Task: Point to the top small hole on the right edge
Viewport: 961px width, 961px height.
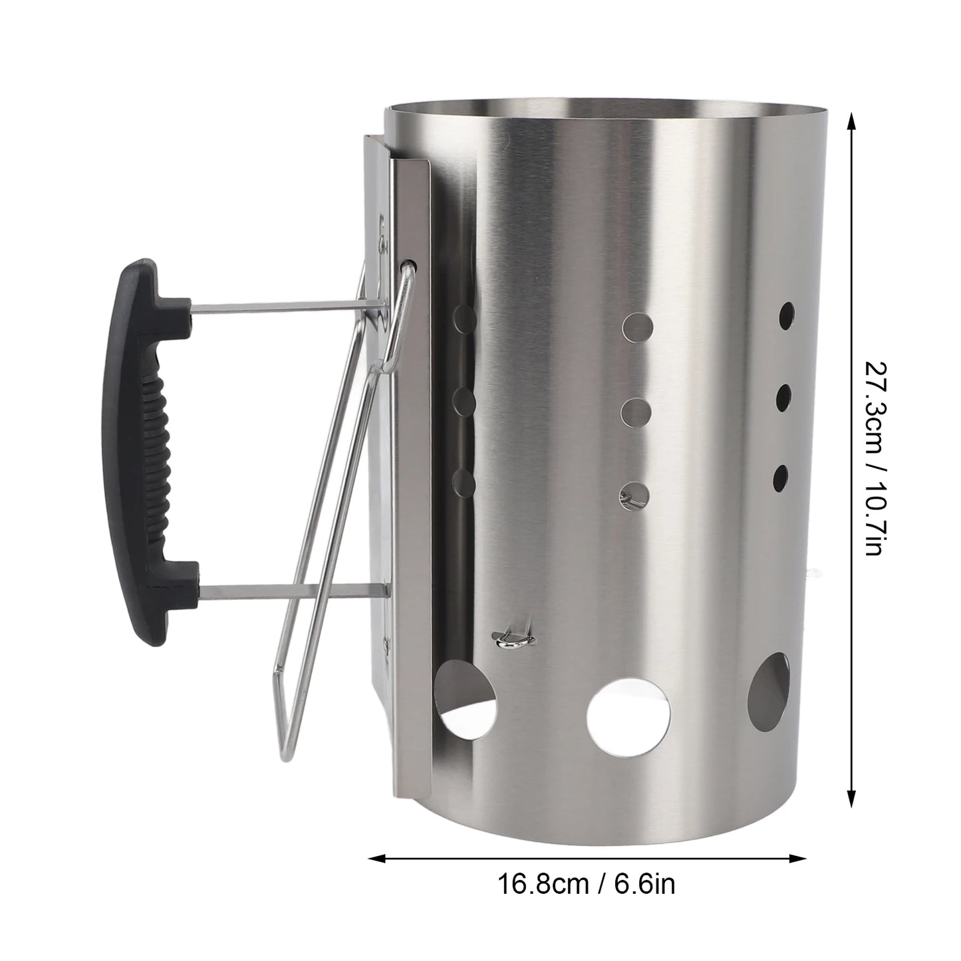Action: (786, 312)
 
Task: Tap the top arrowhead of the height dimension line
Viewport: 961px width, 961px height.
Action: (851, 120)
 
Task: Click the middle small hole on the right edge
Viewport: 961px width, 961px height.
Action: (784, 396)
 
